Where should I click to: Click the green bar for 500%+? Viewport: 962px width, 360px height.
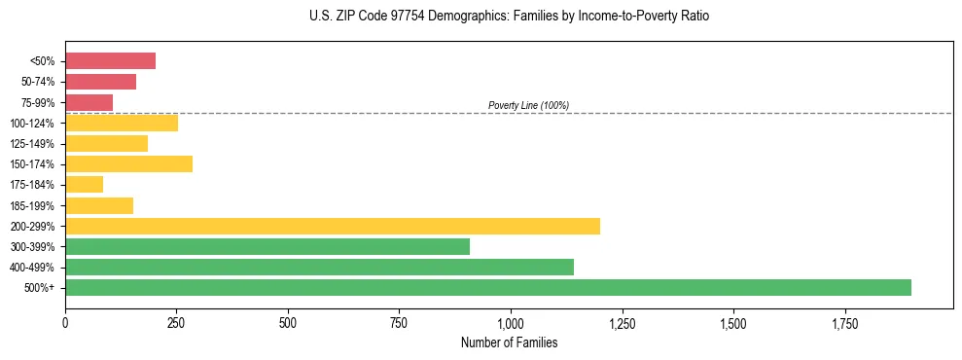[x=487, y=287]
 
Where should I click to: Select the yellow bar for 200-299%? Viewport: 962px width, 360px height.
[x=332, y=226]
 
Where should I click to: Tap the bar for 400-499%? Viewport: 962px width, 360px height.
[x=319, y=267]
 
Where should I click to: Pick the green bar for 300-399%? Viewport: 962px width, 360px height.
[x=267, y=246]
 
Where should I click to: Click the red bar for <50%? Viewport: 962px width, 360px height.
[x=110, y=61]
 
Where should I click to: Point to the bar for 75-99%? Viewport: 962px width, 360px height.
[x=89, y=102]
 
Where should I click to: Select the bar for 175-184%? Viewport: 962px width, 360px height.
[x=84, y=185]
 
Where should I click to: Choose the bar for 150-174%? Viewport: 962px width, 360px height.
[x=128, y=163]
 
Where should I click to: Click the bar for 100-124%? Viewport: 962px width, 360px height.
[x=121, y=123]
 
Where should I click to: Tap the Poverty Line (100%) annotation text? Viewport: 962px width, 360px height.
[x=528, y=105]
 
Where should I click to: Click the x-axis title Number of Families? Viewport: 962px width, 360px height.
[x=509, y=342]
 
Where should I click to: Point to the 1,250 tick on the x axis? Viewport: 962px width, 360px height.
[x=622, y=322]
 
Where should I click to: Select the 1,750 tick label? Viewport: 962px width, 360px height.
[x=844, y=322]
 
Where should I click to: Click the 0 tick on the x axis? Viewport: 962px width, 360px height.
[x=65, y=322]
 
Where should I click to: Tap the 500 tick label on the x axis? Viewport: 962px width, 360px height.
[x=287, y=322]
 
